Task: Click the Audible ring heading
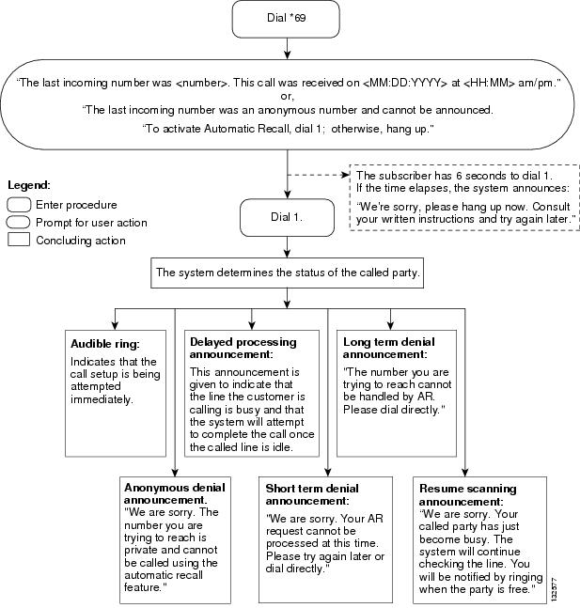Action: click(x=105, y=343)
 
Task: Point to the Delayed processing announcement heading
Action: click(x=243, y=349)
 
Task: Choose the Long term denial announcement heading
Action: click(x=389, y=349)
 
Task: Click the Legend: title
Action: click(x=28, y=186)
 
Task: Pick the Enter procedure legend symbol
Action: click(x=19, y=205)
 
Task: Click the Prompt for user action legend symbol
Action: click(x=19, y=223)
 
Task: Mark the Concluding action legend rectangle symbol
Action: click(x=19, y=241)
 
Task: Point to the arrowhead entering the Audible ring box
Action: click(x=115, y=322)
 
